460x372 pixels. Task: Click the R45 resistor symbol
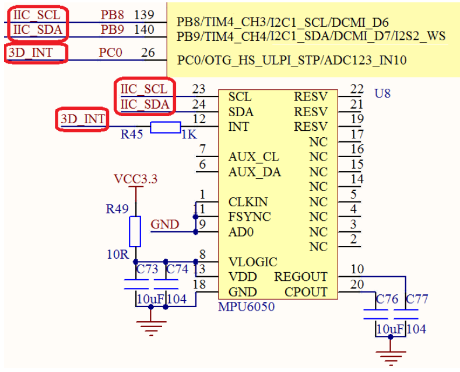166,127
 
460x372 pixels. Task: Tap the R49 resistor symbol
135,231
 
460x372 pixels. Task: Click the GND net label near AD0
165,224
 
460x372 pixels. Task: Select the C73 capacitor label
147,269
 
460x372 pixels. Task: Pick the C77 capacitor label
417,300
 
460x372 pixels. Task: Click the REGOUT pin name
301,277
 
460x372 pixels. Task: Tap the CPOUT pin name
306,292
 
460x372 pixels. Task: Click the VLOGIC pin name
253,262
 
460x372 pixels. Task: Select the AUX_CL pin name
254,157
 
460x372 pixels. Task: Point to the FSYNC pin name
250,217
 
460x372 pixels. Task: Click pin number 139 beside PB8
144,14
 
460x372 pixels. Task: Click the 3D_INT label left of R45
83,119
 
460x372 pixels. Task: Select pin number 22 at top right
357,89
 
